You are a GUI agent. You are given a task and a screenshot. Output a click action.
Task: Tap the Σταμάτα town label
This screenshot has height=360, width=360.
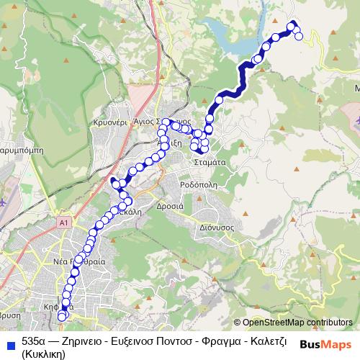211,163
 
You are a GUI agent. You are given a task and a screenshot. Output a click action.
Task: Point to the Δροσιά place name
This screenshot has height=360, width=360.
171,205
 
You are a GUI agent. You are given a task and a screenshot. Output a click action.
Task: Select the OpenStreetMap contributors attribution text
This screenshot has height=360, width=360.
297,323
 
